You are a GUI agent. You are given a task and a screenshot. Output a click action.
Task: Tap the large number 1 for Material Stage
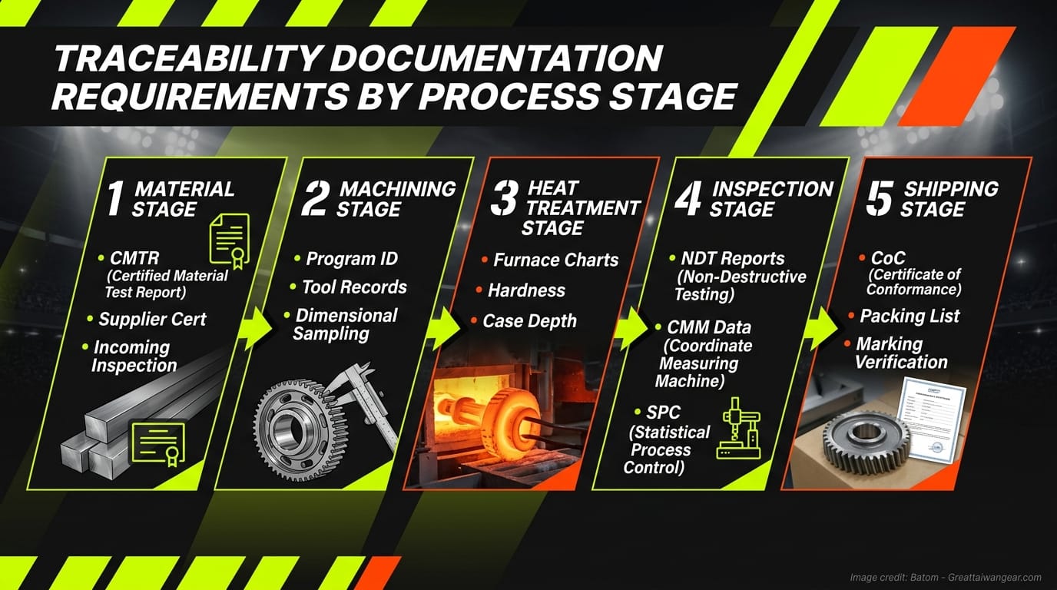point(114,198)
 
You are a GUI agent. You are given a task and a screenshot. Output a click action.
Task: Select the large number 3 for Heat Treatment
point(504,198)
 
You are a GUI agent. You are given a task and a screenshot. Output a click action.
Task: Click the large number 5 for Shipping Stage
point(879,198)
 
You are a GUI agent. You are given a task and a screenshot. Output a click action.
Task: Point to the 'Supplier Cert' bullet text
point(152,319)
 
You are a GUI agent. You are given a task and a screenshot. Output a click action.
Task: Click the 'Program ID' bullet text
point(351,259)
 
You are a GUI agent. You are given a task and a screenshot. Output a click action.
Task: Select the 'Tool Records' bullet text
point(354,287)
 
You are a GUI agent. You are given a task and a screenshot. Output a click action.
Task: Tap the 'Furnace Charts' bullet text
point(555,260)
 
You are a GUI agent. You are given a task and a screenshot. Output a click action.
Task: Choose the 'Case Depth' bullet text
point(529,321)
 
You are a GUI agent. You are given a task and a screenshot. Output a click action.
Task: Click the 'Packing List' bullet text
point(910,316)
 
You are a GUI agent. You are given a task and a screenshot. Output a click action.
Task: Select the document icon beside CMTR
point(229,240)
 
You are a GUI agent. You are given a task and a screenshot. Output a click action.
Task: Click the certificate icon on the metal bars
point(158,442)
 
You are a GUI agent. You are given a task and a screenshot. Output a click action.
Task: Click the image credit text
point(945,577)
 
